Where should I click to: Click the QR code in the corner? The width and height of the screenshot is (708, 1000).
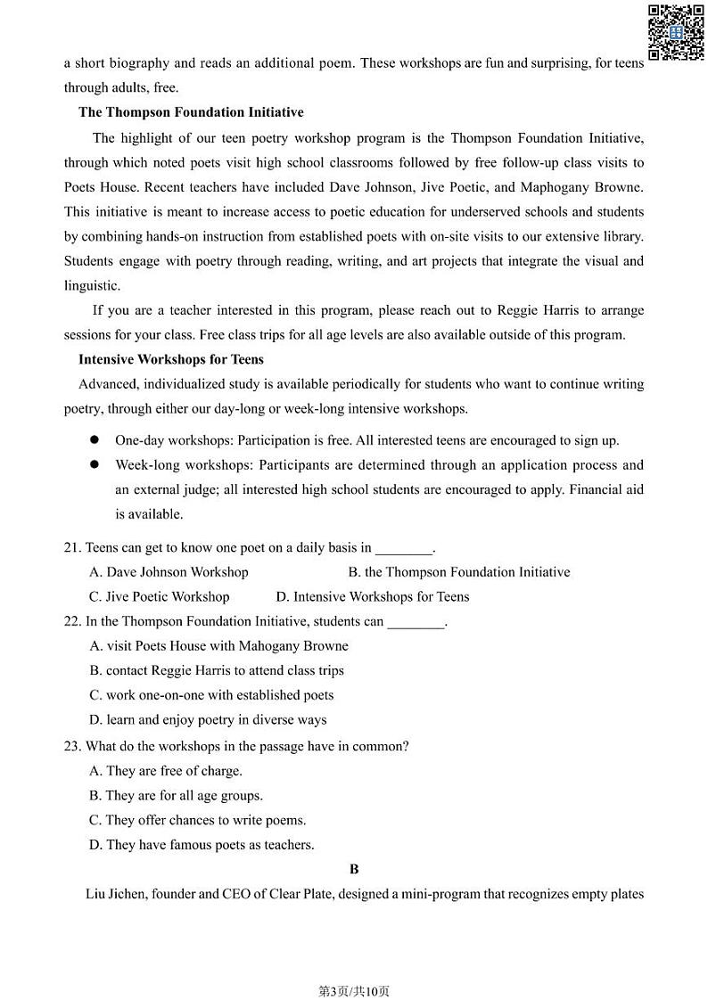click(x=675, y=32)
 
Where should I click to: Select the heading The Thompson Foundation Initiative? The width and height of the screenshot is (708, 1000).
click(x=191, y=112)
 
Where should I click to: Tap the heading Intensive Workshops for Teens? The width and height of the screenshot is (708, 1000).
click(x=171, y=360)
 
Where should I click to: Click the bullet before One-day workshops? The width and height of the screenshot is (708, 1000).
click(x=93, y=440)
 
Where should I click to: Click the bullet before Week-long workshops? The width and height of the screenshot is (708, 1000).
click(x=93, y=465)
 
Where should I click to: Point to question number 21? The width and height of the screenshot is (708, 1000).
click(x=73, y=547)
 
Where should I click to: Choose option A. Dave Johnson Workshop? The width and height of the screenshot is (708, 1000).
click(x=169, y=572)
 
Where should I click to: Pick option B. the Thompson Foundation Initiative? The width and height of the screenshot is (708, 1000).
click(x=458, y=572)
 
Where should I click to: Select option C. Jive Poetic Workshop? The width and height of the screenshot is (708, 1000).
click(x=159, y=597)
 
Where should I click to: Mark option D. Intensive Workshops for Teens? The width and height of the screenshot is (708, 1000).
click(x=372, y=597)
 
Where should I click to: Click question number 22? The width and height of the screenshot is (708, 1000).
click(x=73, y=621)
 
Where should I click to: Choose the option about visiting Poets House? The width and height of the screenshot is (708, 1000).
click(x=218, y=646)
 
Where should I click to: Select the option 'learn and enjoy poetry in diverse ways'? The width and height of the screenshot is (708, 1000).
click(x=208, y=720)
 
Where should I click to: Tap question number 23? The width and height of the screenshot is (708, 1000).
click(x=73, y=746)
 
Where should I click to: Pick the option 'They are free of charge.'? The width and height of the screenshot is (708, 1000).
click(x=166, y=771)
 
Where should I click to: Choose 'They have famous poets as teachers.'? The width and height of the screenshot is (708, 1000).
click(x=202, y=845)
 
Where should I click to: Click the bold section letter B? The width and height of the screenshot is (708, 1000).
click(x=354, y=869)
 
